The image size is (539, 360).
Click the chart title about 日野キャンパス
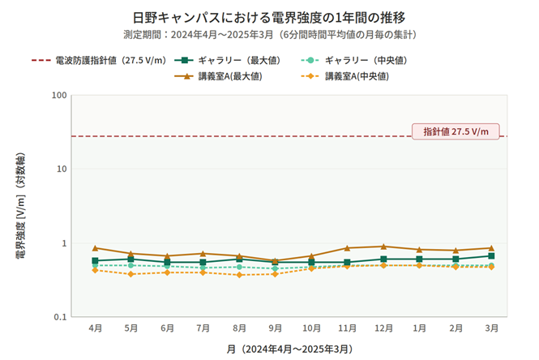click(x=269, y=17)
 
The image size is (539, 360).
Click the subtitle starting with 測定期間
click(x=269, y=35)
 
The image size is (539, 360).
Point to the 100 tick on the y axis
click(x=58, y=96)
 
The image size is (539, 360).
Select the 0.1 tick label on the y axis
click(x=58, y=317)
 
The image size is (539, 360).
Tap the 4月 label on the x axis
click(x=95, y=328)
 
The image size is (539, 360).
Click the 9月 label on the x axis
click(x=275, y=328)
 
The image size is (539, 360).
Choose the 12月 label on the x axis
click(x=383, y=328)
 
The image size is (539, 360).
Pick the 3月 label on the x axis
click(x=491, y=328)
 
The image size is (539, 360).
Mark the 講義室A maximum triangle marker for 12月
click(x=383, y=246)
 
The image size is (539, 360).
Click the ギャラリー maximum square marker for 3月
click(x=491, y=256)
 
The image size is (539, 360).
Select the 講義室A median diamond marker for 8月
click(x=239, y=275)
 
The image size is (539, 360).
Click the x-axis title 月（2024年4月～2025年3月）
click(x=289, y=349)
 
